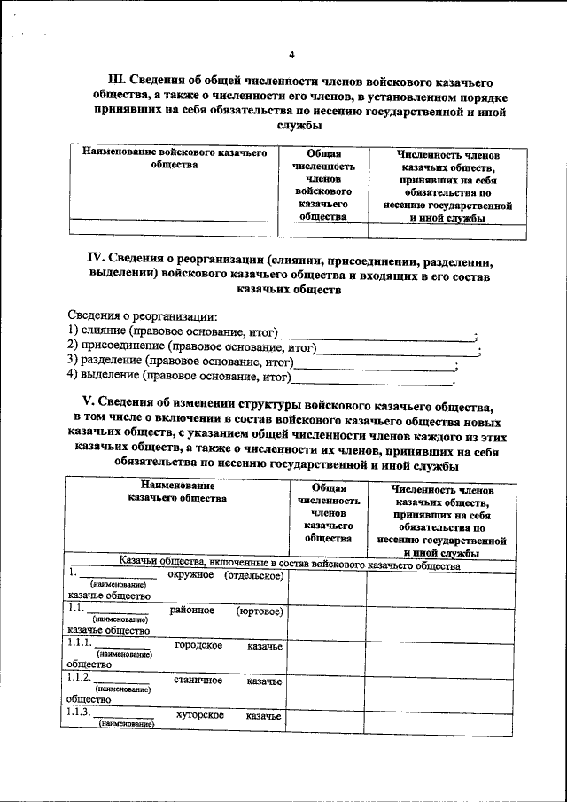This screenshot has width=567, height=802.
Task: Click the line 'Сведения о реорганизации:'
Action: (143, 316)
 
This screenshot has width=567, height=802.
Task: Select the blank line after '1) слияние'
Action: (377, 334)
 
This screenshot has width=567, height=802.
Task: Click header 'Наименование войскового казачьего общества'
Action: (175, 159)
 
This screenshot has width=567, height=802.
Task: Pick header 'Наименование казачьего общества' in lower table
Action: (177, 493)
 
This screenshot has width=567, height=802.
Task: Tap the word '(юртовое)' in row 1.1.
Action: (260, 611)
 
